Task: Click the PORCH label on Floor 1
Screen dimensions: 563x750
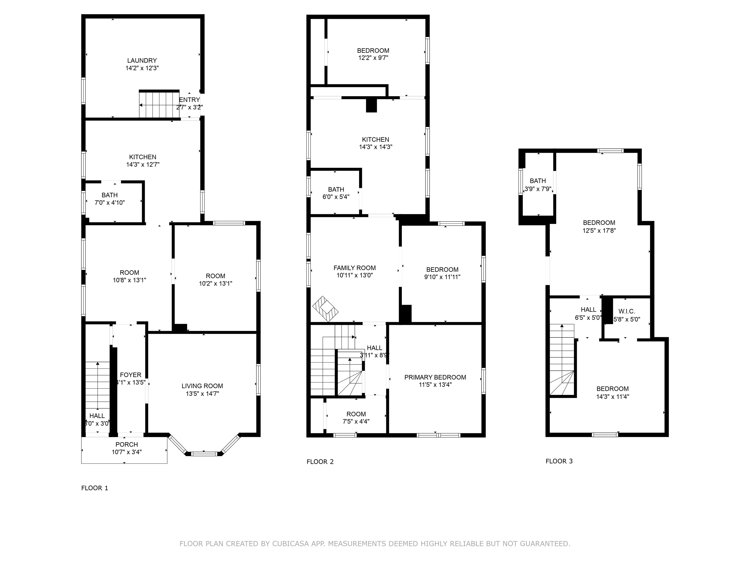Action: point(126,444)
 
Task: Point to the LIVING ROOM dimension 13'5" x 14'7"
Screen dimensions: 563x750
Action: point(202,394)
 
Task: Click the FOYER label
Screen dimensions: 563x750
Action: point(131,375)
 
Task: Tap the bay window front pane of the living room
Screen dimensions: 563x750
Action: point(204,453)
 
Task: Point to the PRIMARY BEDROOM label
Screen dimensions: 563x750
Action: point(435,377)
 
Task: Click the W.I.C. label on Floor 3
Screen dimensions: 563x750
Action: point(626,311)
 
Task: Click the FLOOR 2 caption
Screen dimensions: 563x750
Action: point(320,462)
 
